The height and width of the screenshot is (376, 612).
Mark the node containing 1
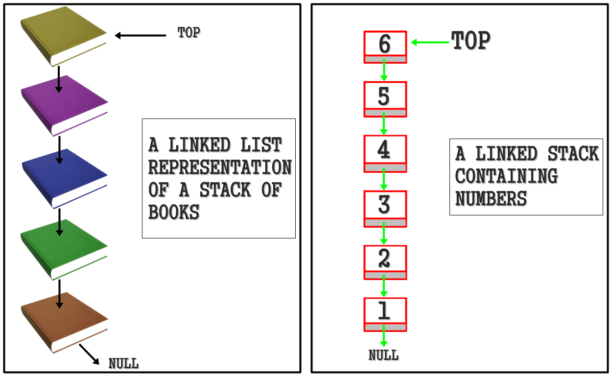(x=385, y=314)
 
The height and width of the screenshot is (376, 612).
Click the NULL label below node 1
(x=383, y=355)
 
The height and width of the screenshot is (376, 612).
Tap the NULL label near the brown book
(x=123, y=364)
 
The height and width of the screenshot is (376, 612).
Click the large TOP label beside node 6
(x=471, y=41)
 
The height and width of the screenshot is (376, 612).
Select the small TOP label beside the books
(x=188, y=33)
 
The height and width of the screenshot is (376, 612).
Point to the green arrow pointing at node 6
(x=430, y=43)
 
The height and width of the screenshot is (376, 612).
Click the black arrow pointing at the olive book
(x=141, y=35)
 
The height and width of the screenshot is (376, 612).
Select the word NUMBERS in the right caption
(x=491, y=198)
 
